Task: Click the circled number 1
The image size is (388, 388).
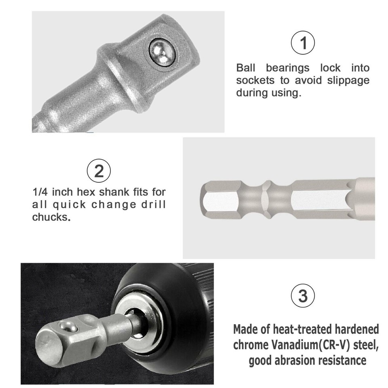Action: click(303, 43)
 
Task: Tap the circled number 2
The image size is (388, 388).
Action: click(98, 171)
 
